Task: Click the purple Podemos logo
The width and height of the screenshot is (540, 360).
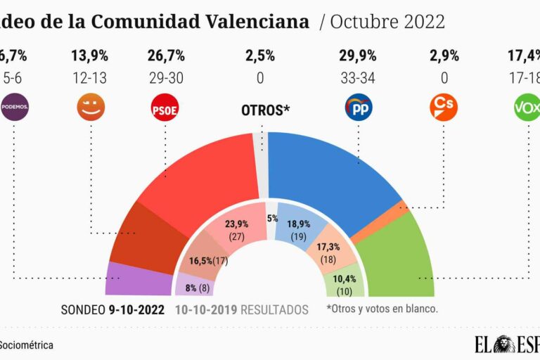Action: click(x=15, y=108)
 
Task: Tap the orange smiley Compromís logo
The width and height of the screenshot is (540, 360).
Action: click(x=89, y=108)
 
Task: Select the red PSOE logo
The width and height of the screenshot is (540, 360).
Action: click(x=165, y=108)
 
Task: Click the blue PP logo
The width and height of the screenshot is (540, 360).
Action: click(x=359, y=108)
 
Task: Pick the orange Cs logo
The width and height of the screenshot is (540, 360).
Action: click(x=443, y=107)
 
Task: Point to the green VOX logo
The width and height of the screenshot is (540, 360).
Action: click(x=527, y=108)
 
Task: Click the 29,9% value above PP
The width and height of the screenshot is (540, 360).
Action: click(x=358, y=54)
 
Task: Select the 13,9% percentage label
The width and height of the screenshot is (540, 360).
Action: click(x=89, y=54)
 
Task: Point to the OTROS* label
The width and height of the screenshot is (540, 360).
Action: click(x=266, y=110)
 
